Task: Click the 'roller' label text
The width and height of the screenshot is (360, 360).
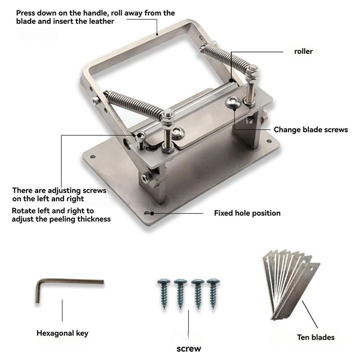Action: [x=303, y=51]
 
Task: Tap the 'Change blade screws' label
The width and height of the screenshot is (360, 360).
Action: [x=310, y=130]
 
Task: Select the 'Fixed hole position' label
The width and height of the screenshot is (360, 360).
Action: [x=247, y=213]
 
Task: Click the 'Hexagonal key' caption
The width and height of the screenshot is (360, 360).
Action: [x=62, y=333]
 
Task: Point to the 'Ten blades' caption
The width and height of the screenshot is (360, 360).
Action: [x=315, y=337]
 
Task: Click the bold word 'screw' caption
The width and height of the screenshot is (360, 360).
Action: [x=189, y=348]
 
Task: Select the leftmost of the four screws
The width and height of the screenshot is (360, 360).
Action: [x=163, y=292]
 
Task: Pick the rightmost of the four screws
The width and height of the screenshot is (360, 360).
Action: [x=212, y=292]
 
